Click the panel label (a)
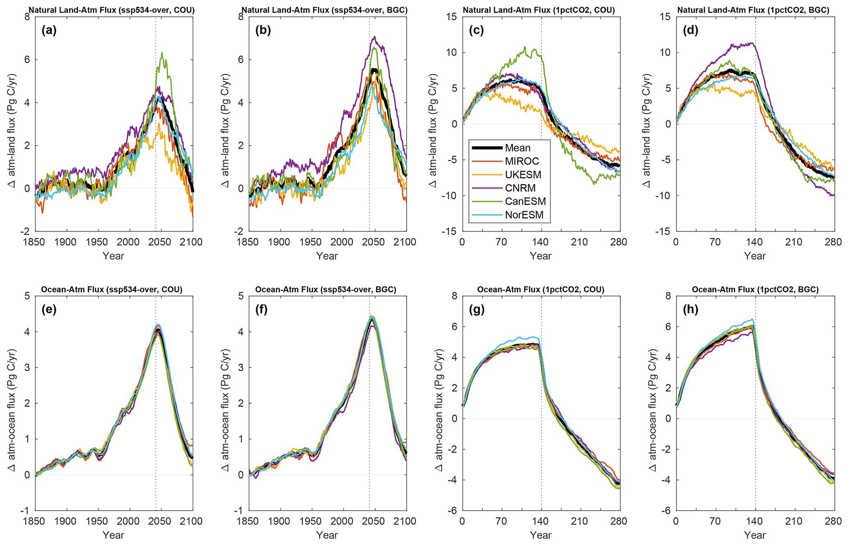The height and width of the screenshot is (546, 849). click(49, 30)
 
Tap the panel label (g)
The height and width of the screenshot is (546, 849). click(476, 310)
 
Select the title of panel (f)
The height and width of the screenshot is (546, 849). click(325, 289)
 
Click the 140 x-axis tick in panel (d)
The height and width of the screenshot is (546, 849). click(755, 242)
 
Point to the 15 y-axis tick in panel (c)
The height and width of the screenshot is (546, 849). click(450, 17)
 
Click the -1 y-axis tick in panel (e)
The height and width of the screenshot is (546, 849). click(25, 511)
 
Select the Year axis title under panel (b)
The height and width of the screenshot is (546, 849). click(327, 256)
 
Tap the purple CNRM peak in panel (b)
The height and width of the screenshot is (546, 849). click(374, 37)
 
